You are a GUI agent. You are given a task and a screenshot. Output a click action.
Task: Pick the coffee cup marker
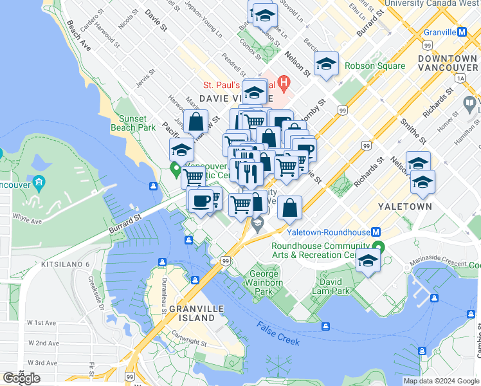(201, 200)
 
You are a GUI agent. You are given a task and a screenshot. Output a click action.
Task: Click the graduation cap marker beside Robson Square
(327, 64)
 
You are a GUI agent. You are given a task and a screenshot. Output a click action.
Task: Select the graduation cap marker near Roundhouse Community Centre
(368, 261)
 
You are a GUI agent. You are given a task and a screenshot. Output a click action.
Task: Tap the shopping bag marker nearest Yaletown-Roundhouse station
(291, 207)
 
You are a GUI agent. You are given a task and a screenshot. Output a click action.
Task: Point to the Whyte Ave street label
(27, 221)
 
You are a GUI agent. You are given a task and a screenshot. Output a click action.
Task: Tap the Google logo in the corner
(21, 378)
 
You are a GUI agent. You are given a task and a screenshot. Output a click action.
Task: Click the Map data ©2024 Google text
(440, 381)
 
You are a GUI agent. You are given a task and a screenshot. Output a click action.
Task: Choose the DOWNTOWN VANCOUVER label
(447, 63)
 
